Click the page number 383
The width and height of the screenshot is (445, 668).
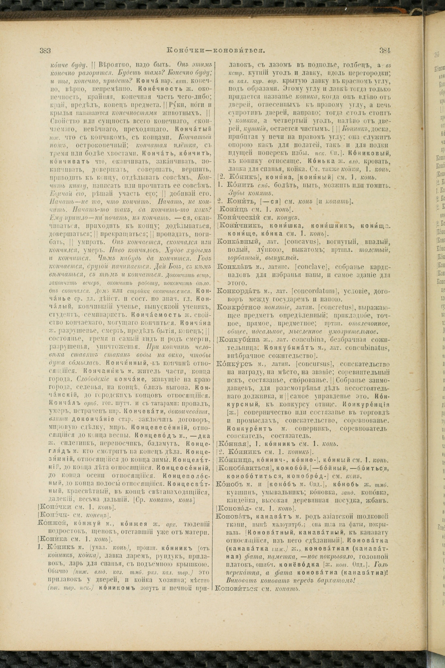(x=45, y=51)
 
